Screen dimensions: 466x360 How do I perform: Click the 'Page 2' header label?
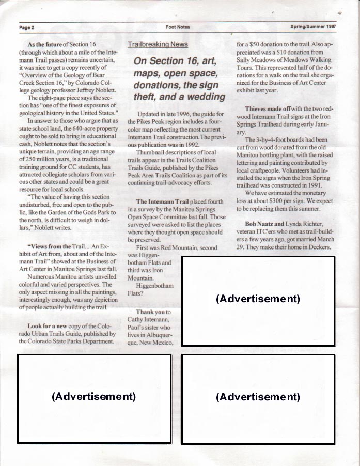click(26, 27)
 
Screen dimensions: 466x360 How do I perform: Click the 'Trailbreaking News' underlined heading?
click(158, 45)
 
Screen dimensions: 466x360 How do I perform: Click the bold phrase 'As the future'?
click(45, 45)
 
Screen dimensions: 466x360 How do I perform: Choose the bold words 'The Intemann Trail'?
click(163, 201)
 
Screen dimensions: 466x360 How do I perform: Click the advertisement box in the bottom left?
click(94, 398)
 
